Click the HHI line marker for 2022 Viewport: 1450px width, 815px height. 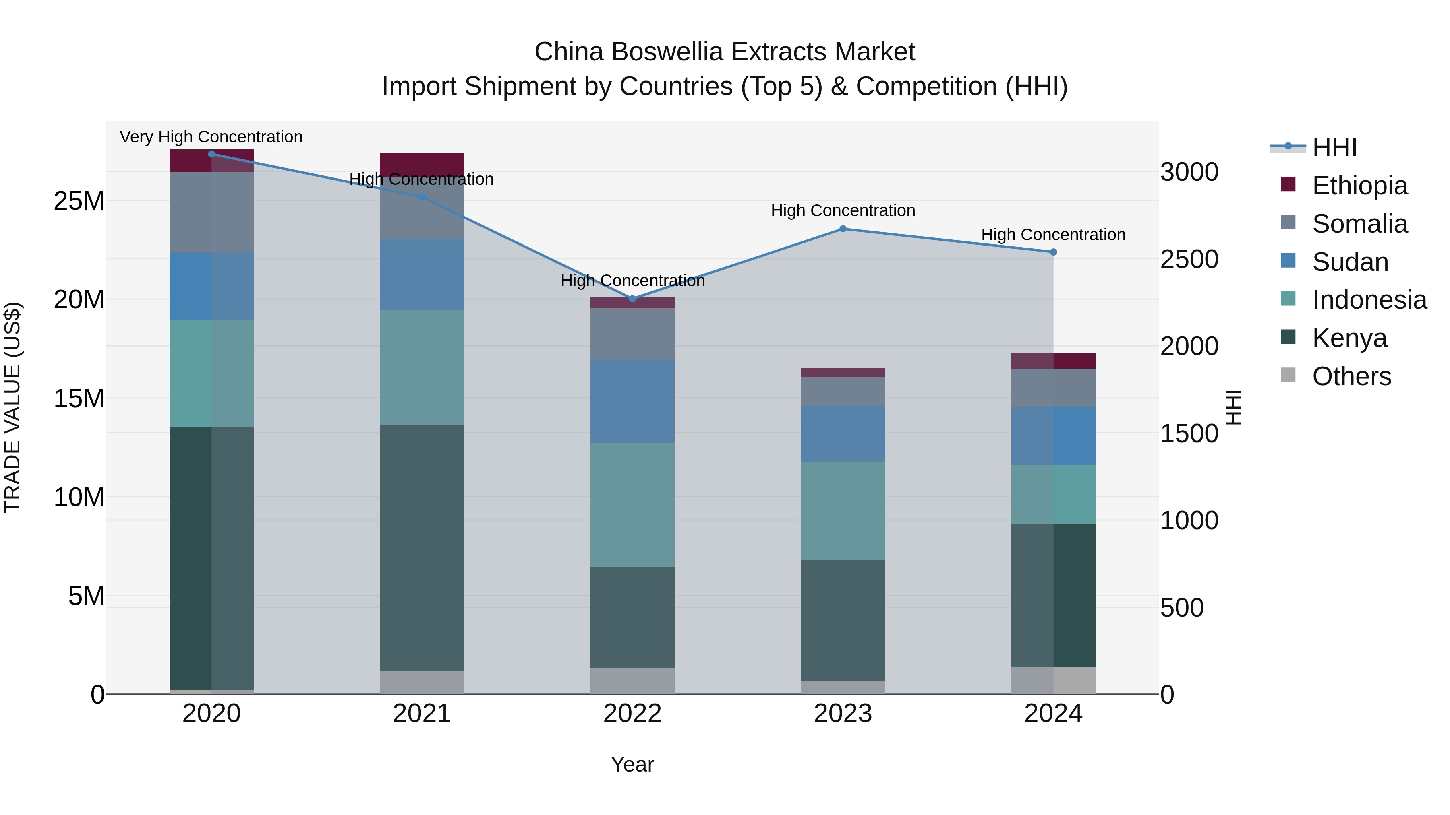pyautogui.click(x=632, y=299)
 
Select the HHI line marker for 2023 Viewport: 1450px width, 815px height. pyautogui.click(x=843, y=229)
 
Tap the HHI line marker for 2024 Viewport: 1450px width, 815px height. pyautogui.click(x=1053, y=252)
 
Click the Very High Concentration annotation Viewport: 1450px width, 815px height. pyautogui.click(x=211, y=137)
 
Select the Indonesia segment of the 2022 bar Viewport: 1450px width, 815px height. pyautogui.click(x=632, y=505)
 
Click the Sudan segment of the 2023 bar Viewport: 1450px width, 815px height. pyautogui.click(x=843, y=433)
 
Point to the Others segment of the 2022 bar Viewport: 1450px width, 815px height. pyautogui.click(x=632, y=681)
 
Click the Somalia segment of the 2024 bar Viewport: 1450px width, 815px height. pyautogui.click(x=1053, y=388)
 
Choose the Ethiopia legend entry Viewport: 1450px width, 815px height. pyautogui.click(x=1359, y=186)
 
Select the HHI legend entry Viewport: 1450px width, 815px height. pyautogui.click(x=1334, y=147)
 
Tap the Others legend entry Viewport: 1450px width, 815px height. pyautogui.click(x=1351, y=376)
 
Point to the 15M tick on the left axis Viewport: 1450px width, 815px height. pyautogui.click(x=79, y=398)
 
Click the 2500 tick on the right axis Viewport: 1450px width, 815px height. pyautogui.click(x=1189, y=259)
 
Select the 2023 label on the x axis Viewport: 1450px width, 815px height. pyautogui.click(x=843, y=714)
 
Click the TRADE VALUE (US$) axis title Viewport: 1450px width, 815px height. pyautogui.click(x=12, y=407)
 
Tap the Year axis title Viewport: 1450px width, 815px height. pyautogui.click(x=632, y=764)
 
